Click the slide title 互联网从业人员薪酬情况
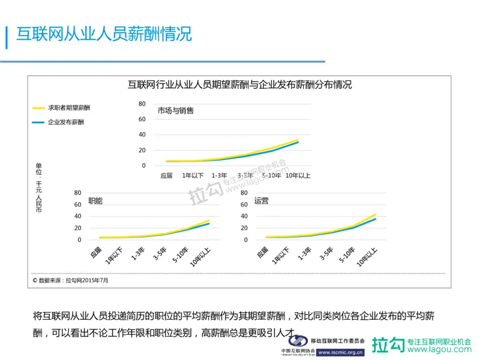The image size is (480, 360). [103, 34]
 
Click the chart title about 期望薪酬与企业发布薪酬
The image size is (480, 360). [239, 84]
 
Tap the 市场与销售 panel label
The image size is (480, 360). [175, 111]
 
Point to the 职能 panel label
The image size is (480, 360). [95, 201]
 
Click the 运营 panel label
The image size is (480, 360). [261, 201]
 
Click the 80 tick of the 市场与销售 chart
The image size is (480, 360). [142, 104]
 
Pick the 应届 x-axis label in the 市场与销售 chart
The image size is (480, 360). [166, 176]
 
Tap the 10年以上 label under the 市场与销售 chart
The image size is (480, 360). [298, 176]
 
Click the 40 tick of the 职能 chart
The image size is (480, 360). [77, 217]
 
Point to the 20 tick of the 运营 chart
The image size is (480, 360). [244, 228]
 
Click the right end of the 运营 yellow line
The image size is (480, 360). [376, 214]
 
